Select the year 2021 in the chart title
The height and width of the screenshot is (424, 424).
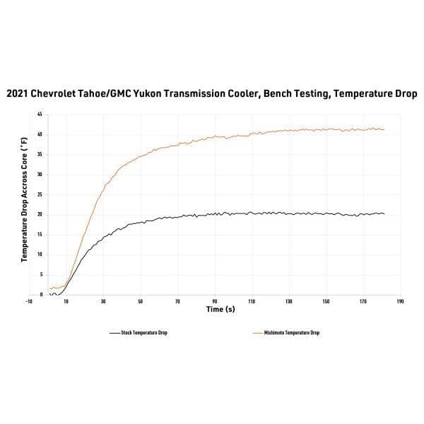click(x=20, y=93)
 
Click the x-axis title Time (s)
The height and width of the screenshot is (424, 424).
click(x=220, y=310)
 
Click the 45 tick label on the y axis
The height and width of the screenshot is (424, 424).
click(x=40, y=114)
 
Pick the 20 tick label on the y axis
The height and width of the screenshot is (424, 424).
click(x=40, y=214)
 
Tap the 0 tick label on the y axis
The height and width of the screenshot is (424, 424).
click(x=41, y=294)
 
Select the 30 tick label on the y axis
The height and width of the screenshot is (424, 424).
click(x=40, y=175)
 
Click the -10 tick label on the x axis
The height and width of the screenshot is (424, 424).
click(x=29, y=302)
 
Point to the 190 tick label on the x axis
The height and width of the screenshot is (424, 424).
click(x=400, y=302)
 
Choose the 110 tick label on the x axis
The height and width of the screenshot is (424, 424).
click(x=252, y=302)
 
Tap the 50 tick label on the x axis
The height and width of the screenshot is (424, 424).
click(x=141, y=302)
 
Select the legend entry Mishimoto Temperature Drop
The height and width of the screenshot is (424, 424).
click(x=291, y=333)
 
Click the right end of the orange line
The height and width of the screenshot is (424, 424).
click(x=384, y=129)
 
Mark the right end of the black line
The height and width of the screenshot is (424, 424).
click(x=384, y=213)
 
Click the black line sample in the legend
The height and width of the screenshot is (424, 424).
click(x=114, y=333)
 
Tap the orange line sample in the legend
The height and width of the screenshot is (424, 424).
click(x=258, y=333)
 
